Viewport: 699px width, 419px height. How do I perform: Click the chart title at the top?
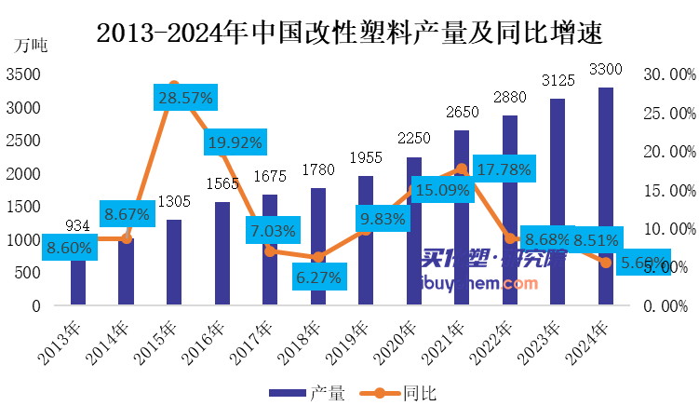(349, 34)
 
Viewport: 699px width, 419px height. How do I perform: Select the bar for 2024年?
(606, 196)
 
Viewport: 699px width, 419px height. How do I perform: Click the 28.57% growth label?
(186, 97)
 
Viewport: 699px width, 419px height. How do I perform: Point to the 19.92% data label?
(235, 142)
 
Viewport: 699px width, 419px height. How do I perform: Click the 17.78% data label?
(503, 169)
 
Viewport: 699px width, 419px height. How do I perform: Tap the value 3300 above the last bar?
(606, 69)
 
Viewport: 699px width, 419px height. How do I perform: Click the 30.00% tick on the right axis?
(668, 74)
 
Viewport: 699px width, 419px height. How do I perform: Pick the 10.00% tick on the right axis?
(668, 228)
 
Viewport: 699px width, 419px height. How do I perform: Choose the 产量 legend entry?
(307, 393)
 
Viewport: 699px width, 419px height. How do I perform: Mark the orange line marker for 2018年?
(317, 257)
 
